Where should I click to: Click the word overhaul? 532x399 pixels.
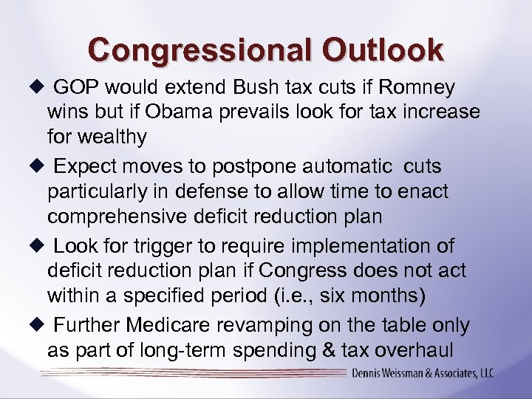click(x=434, y=349)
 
